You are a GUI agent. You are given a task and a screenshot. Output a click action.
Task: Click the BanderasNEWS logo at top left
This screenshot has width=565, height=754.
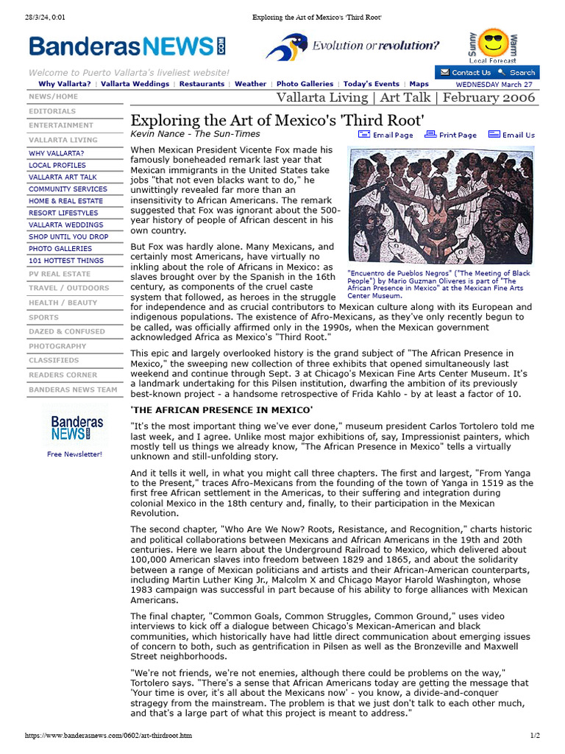tap(127, 47)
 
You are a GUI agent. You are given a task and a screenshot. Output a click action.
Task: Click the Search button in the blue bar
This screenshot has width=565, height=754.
tap(517, 72)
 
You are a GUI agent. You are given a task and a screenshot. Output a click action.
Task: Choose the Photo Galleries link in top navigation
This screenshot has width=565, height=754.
tap(305, 84)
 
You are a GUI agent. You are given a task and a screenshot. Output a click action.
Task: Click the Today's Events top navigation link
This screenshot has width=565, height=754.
tap(371, 84)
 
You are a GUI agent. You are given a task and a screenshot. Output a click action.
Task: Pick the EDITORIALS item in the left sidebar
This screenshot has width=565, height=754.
tap(52, 111)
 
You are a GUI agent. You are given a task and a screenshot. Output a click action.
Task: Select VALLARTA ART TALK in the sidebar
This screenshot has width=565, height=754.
tap(63, 177)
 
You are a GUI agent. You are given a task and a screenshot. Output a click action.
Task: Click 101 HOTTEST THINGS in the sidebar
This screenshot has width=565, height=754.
tap(66, 261)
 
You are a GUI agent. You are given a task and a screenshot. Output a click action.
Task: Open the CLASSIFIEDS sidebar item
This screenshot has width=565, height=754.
tap(54, 360)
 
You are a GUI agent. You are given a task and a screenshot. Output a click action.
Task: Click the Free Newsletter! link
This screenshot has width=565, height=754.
tap(75, 454)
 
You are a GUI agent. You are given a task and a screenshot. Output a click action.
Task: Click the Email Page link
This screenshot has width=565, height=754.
tap(386, 135)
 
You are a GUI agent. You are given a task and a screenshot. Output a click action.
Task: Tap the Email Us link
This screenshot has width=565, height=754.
tap(512, 135)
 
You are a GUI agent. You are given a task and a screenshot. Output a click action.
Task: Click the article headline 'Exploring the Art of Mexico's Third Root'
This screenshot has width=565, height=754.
tap(277, 120)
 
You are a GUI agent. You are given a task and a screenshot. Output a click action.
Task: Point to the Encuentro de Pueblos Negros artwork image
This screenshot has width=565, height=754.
tap(441, 205)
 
